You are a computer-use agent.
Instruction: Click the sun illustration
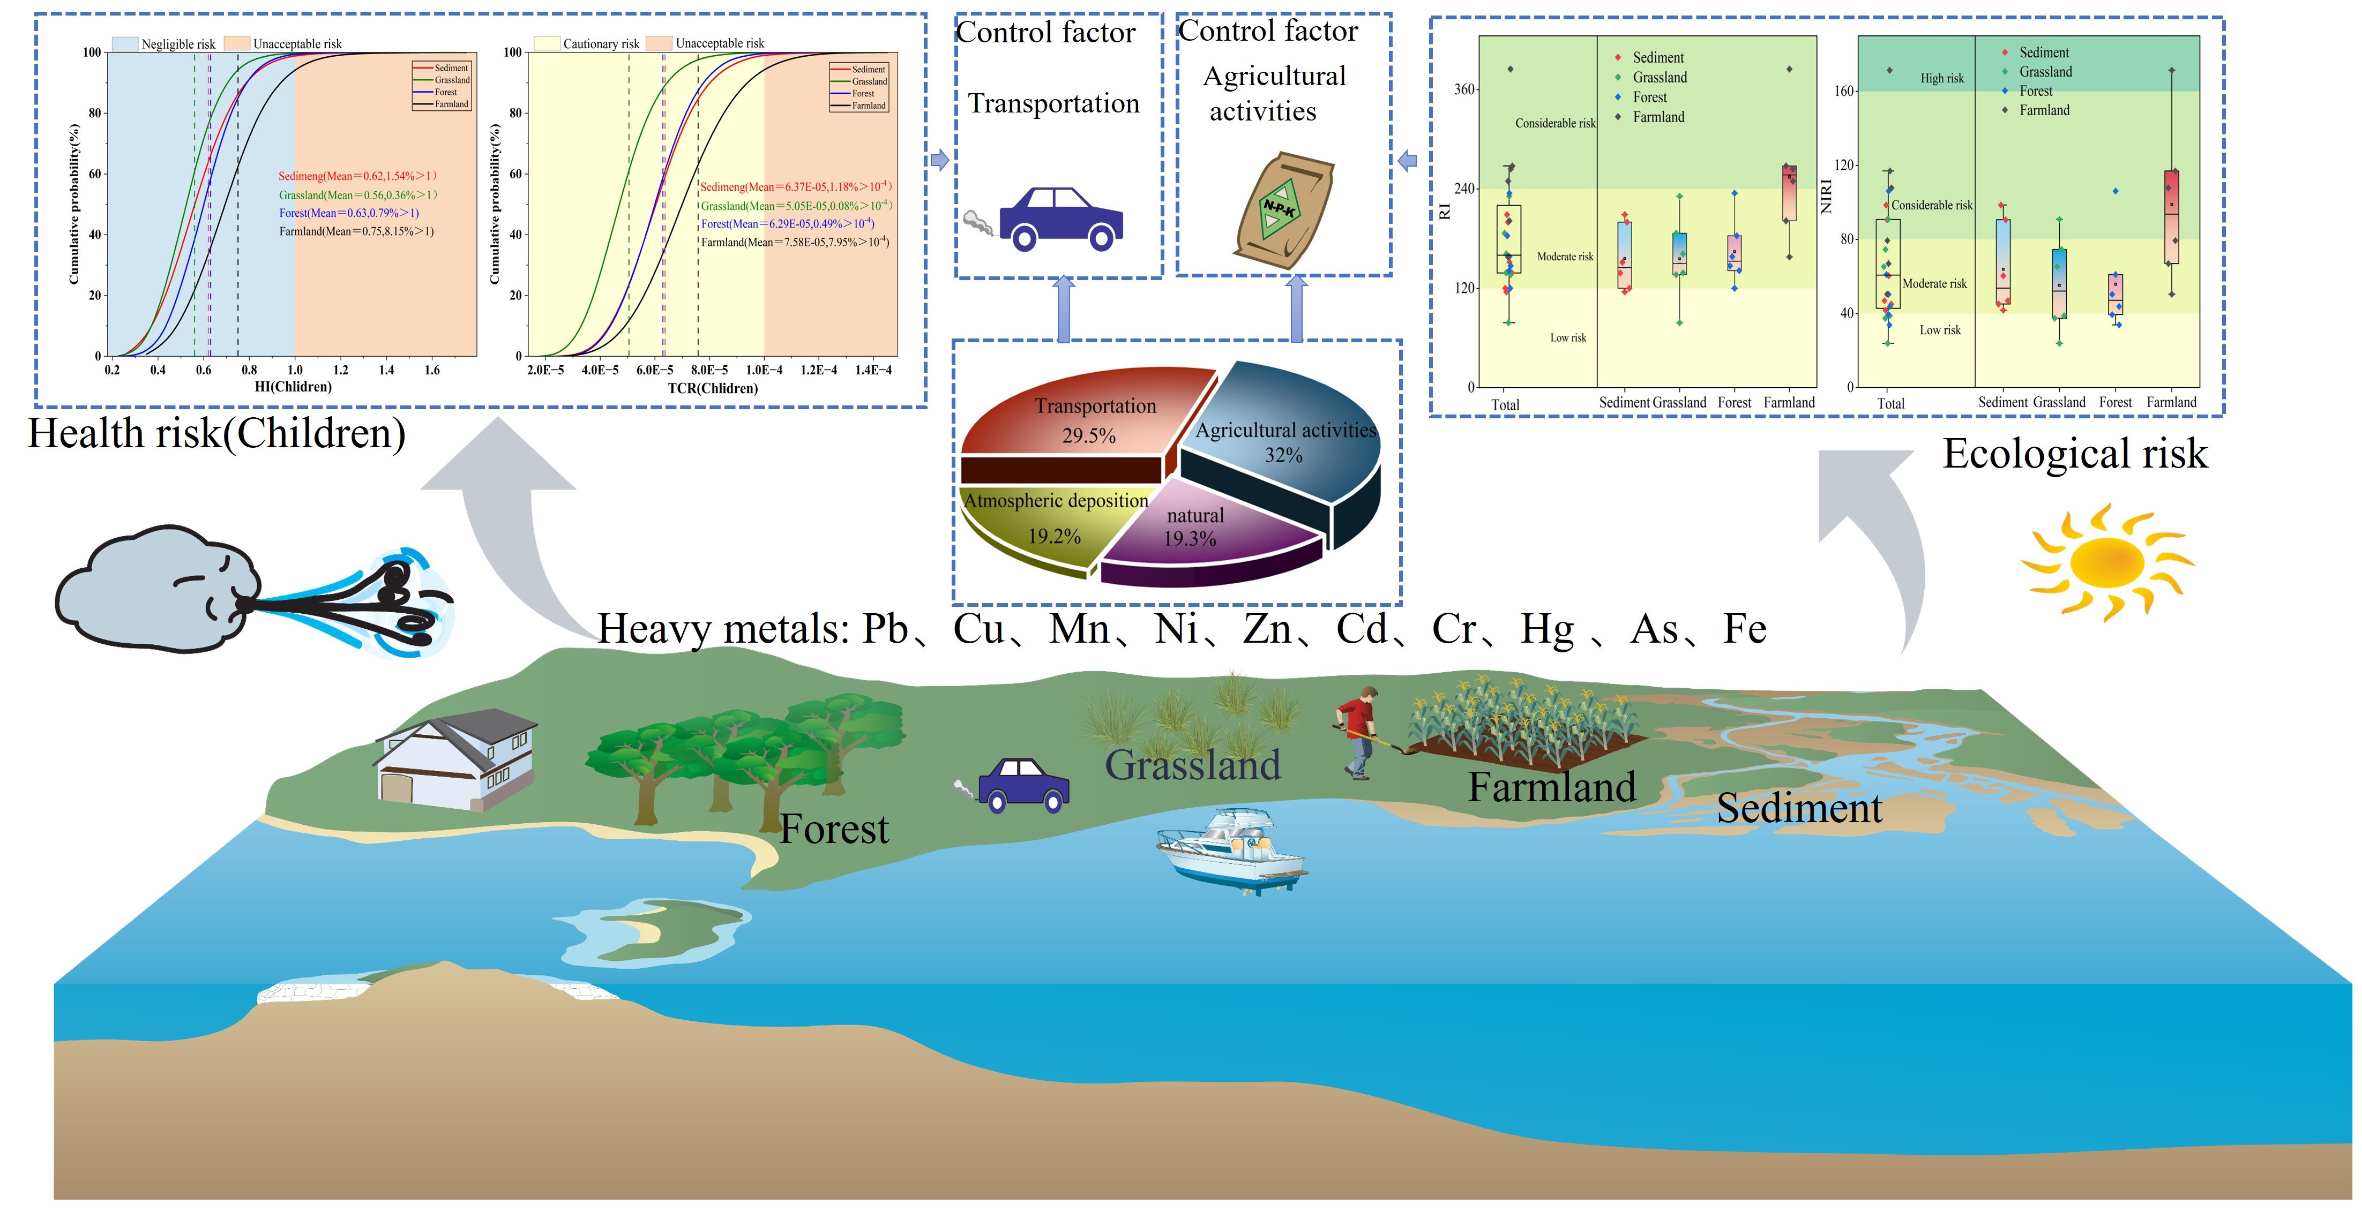[x=2107, y=561]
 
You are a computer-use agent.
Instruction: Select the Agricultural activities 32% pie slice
[x=1284, y=440]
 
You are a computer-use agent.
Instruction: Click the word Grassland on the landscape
[x=1192, y=765]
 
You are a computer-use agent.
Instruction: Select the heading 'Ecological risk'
[x=2074, y=454]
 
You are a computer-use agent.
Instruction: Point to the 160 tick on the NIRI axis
[x=1844, y=91]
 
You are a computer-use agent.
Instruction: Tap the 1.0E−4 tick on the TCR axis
[x=764, y=371]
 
